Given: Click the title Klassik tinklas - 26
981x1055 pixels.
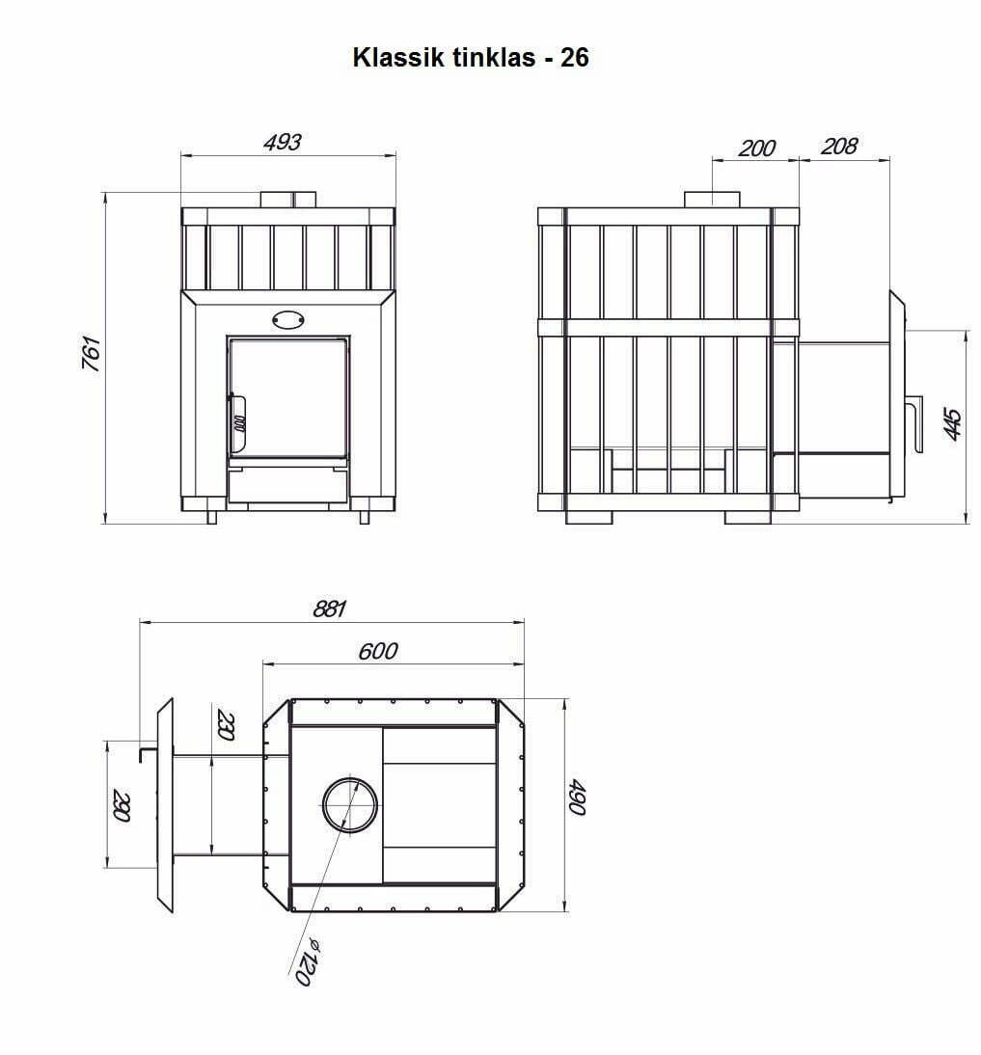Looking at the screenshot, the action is coord(471,57).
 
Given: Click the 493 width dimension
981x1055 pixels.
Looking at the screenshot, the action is coord(282,142).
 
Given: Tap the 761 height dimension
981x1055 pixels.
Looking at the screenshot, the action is coord(91,353).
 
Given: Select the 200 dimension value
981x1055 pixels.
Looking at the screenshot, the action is coord(757,148).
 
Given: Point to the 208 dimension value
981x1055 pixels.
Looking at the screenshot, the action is coord(839,146).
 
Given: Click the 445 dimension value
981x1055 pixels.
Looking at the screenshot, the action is coord(953,424).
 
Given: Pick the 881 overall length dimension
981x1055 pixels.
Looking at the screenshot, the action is coord(330,609).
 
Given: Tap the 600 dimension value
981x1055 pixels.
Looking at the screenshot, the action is coord(378,651).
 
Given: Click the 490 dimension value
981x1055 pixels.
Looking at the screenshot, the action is coord(577,797).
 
